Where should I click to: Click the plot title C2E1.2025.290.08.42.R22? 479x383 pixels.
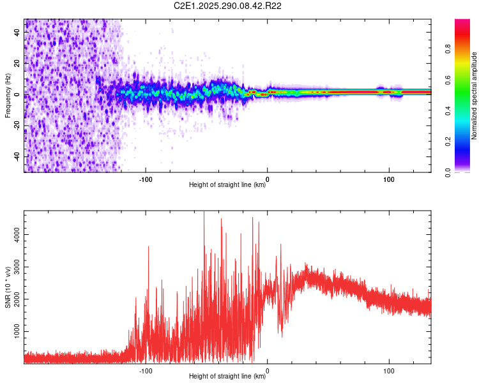coord(228,6)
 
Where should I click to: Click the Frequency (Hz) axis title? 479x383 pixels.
coord(8,95)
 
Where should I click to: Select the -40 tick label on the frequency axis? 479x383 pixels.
coord(18,156)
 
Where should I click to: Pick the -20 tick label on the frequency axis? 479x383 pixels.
coord(18,125)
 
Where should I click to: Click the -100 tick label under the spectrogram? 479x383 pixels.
coord(145,179)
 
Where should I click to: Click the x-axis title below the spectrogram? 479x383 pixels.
coord(227,186)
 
